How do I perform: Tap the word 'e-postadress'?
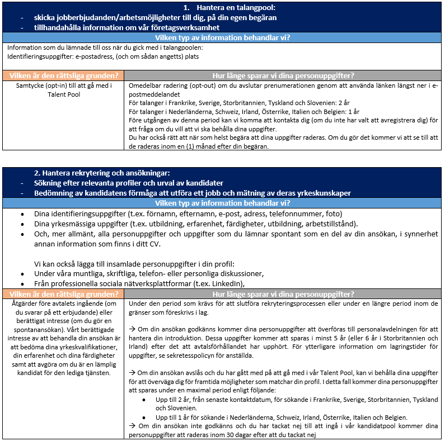(95, 56)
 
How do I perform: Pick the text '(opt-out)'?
(208, 86)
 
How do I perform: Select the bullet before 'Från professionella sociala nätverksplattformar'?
(21, 283)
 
